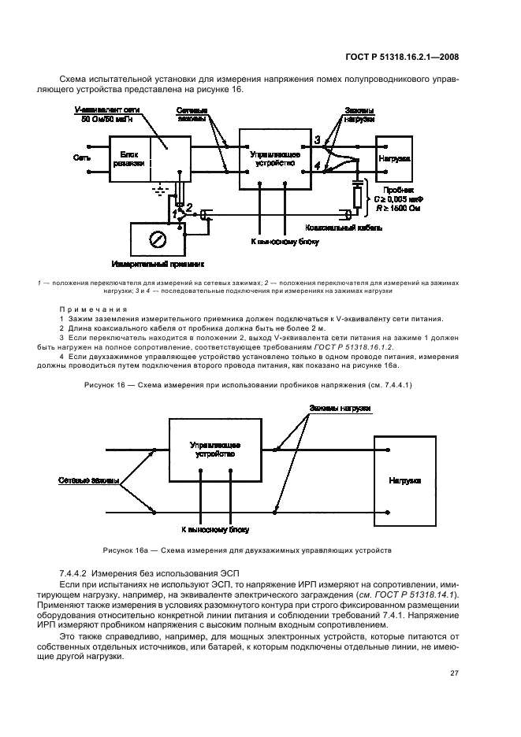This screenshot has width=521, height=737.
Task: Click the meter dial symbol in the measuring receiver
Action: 158,238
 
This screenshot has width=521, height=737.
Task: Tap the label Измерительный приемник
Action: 158,265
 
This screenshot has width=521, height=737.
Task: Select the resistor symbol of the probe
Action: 357,197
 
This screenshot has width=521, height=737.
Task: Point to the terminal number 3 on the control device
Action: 318,139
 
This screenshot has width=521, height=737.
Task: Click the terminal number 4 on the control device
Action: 318,165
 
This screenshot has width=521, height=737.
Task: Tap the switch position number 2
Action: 189,206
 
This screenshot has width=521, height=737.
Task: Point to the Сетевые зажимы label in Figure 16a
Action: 89,480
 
